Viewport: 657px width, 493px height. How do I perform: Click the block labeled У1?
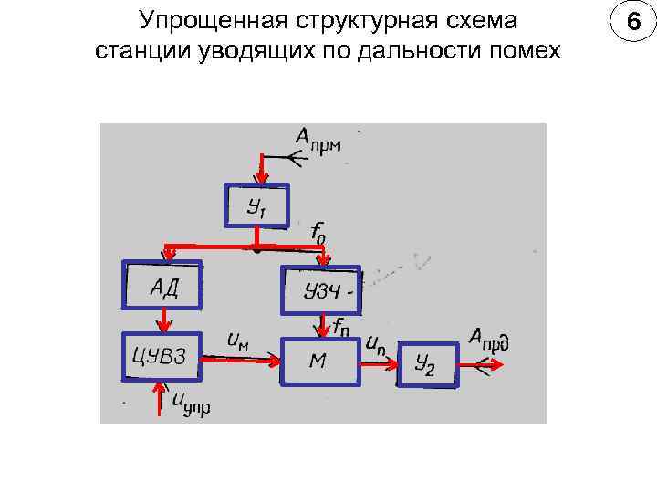tap(256, 206)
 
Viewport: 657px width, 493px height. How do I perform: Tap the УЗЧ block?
tap(322, 290)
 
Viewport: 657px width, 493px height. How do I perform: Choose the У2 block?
tap(425, 365)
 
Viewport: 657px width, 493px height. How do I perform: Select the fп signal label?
tap(344, 325)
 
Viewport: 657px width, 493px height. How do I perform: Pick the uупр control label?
tap(189, 403)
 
